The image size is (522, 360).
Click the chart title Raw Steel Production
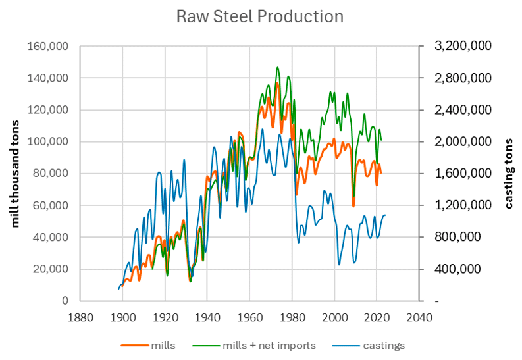pos(259,16)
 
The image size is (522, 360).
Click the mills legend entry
pos(148,346)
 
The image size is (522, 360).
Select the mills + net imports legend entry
pos(254,346)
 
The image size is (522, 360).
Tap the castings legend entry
pos(368,346)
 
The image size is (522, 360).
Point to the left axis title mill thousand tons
pos(15,174)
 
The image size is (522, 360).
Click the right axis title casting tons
pos(508,174)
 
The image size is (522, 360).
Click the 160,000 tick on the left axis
pos(47,46)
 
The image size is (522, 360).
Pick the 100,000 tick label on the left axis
pos(47,141)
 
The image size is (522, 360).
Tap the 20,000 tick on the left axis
pos(50,269)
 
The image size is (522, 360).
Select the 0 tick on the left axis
pos(65,301)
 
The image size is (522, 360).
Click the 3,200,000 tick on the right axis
pos(463,46)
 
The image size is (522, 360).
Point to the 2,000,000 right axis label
pos(463,141)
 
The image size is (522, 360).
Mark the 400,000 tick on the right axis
pos(457,269)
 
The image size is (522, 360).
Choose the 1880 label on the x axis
pos(80,317)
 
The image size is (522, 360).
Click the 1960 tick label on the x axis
pos(249,317)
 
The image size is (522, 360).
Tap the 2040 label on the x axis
pos(419,317)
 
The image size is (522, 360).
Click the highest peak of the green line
pos(277,67)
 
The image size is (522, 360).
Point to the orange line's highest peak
pos(277,83)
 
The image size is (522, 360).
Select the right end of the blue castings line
pos(385,215)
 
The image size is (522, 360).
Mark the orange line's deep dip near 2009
pos(353,206)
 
